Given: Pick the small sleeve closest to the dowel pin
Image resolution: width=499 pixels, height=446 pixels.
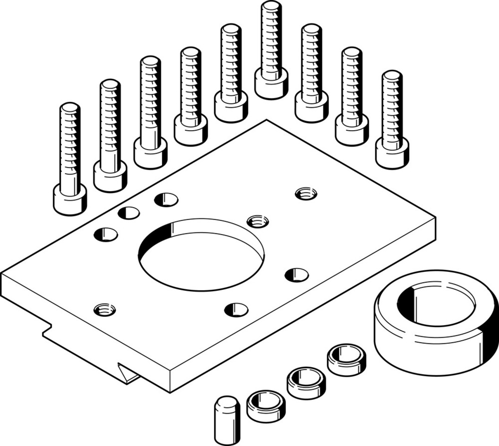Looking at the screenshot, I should click(x=266, y=405).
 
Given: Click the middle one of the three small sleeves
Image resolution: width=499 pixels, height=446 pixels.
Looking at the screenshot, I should click(x=306, y=382).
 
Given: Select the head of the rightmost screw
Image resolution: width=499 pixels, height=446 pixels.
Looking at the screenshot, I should click(x=392, y=153).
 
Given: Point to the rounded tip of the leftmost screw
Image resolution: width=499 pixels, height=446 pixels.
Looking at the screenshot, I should click(x=70, y=107).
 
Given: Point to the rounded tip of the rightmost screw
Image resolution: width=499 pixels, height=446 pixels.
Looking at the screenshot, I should click(x=392, y=75).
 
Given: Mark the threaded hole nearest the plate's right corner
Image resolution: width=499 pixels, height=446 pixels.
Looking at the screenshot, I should click(x=306, y=193).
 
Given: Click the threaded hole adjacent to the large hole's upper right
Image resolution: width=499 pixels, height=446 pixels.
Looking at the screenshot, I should click(x=257, y=220).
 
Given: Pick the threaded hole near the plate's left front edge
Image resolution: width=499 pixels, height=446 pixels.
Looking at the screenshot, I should click(x=105, y=309).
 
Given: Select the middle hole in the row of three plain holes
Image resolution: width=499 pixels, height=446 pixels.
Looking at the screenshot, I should click(x=129, y=213).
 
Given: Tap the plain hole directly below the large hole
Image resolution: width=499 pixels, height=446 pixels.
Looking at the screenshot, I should click(x=236, y=309).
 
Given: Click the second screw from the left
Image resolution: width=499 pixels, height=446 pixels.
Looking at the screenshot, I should click(x=110, y=135).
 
